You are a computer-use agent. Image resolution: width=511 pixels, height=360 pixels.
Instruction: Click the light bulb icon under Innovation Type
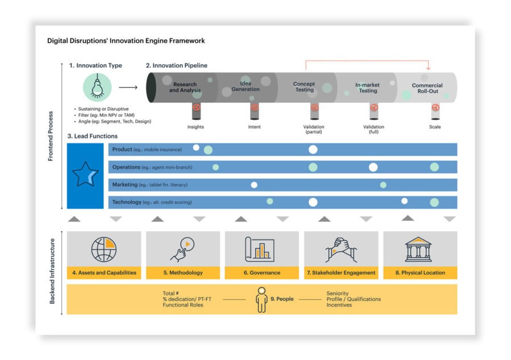point(97,87)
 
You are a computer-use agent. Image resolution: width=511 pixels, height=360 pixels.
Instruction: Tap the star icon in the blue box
point(85,175)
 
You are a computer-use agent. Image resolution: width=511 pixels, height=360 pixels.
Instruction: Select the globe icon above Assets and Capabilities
point(104,249)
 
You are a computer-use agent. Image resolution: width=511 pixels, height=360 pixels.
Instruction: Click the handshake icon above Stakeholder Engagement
point(341,250)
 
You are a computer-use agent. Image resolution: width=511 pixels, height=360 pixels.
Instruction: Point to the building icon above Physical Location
point(418,249)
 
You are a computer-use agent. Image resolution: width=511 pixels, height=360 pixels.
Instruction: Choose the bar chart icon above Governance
point(259,249)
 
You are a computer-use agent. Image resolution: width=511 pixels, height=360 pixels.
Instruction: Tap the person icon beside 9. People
point(261,300)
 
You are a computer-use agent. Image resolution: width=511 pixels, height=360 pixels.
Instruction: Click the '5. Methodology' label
point(183,273)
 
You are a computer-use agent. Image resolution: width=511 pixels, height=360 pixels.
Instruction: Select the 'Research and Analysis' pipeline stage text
point(185,87)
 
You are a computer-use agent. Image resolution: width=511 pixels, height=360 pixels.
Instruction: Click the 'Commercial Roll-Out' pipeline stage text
point(427,88)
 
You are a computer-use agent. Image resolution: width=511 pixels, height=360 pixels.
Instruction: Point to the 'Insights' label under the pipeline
point(195,127)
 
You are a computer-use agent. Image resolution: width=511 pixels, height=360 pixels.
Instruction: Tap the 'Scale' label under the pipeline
point(435,127)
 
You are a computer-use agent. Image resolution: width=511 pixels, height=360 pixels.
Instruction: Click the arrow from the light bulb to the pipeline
point(128,87)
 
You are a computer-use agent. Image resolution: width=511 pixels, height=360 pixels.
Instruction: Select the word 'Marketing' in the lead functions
point(125,185)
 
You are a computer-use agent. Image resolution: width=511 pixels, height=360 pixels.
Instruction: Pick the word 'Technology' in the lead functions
point(127,202)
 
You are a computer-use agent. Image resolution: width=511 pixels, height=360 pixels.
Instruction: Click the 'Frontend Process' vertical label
point(51,136)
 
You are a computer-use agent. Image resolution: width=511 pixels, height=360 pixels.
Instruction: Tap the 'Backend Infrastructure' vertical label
point(52,271)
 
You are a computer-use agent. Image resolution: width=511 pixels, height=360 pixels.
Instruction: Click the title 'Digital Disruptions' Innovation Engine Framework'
point(126,41)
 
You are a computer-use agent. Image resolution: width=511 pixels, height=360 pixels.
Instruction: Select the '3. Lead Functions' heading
point(93,136)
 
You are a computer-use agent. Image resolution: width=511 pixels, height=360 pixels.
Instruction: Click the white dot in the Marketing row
point(254,185)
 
